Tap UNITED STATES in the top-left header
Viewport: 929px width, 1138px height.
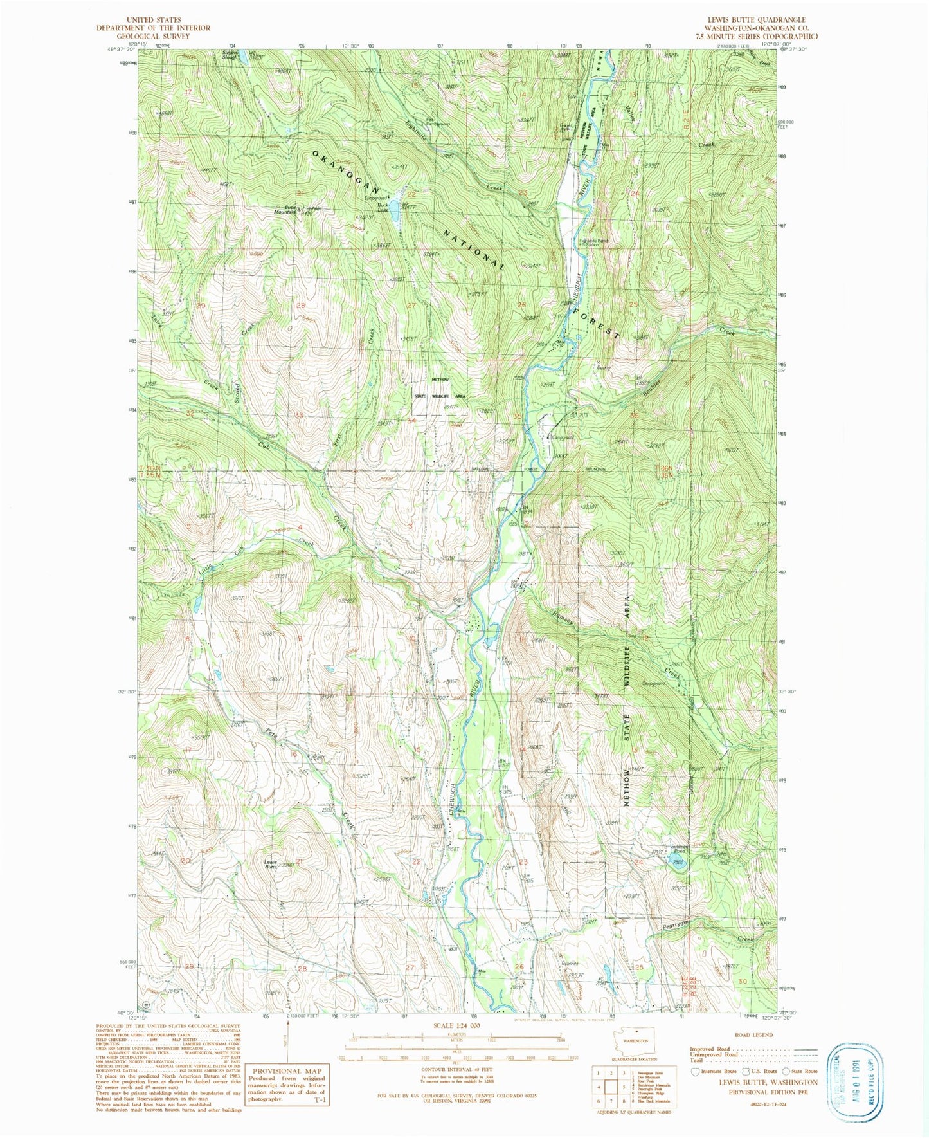153,20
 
